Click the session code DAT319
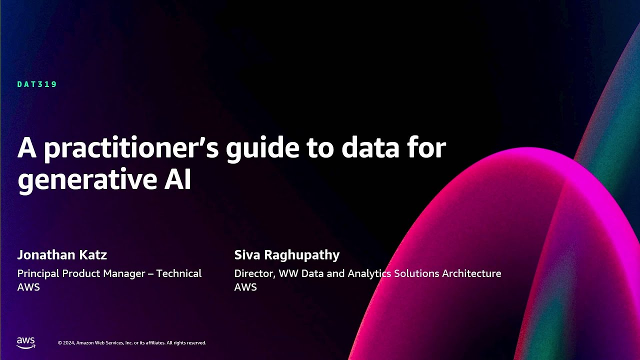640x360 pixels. tap(37, 84)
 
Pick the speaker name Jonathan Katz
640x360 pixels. tap(62, 255)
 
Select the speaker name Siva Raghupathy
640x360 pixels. tap(286, 255)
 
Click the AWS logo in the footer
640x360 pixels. tap(26, 342)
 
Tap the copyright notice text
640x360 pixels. tap(132, 343)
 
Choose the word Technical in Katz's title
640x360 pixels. tap(179, 273)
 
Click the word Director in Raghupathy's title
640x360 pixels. tap(253, 273)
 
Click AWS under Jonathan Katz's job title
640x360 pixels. tap(28, 287)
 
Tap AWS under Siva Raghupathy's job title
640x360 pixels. tap(245, 287)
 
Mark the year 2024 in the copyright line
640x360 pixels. tap(69, 343)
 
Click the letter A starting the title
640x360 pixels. tap(27, 149)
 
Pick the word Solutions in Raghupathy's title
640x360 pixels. tap(416, 273)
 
